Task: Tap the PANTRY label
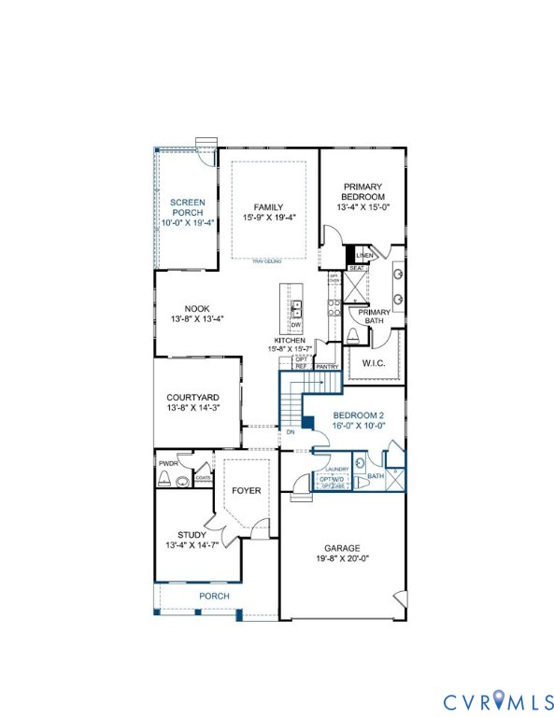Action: click(x=327, y=367)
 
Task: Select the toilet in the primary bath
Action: click(x=352, y=336)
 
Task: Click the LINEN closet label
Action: click(x=364, y=255)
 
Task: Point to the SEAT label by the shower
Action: click(x=356, y=268)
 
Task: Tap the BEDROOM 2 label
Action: click(x=358, y=414)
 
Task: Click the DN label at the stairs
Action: click(x=291, y=432)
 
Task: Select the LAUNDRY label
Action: click(x=336, y=470)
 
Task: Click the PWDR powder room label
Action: click(x=168, y=463)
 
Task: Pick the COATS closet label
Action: click(x=203, y=479)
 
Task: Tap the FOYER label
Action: click(x=247, y=490)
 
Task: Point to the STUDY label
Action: click(x=192, y=535)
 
